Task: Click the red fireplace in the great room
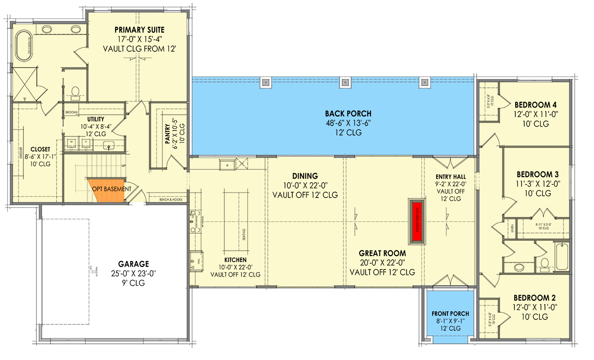pos(416,221)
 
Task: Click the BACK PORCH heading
pos(348,114)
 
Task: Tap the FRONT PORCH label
pos(450,314)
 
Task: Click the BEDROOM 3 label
pos(534,174)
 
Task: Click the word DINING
pos(305,176)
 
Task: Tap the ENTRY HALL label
pos(451,176)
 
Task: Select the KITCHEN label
pos(235,260)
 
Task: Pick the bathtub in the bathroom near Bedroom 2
pos(563,257)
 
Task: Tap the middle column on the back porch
pos(345,82)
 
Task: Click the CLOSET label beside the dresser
pos(40,149)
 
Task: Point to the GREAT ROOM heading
pos(382,253)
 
